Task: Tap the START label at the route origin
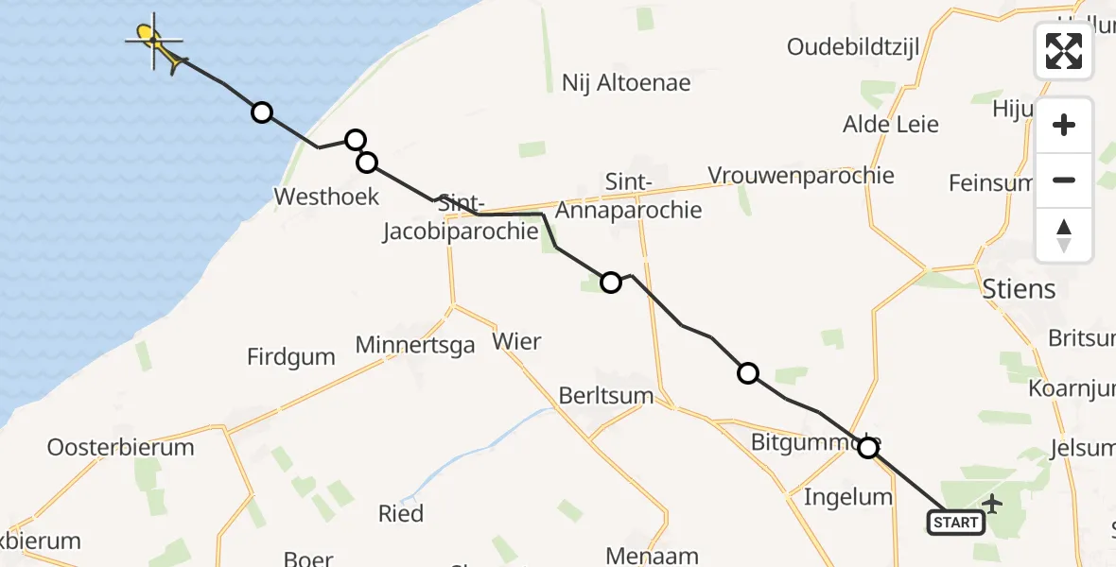[955, 523]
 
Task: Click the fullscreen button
[1064, 51]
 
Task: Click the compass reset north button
[1064, 235]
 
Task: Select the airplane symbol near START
[992, 503]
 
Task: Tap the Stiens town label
[1019, 287]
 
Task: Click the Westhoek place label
[326, 197]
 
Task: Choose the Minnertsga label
[415, 345]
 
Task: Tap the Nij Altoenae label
[626, 83]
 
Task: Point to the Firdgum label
[291, 357]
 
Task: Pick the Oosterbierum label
[120, 447]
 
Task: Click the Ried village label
[401, 514]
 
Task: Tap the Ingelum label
[847, 497]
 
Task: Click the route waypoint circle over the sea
[262, 113]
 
